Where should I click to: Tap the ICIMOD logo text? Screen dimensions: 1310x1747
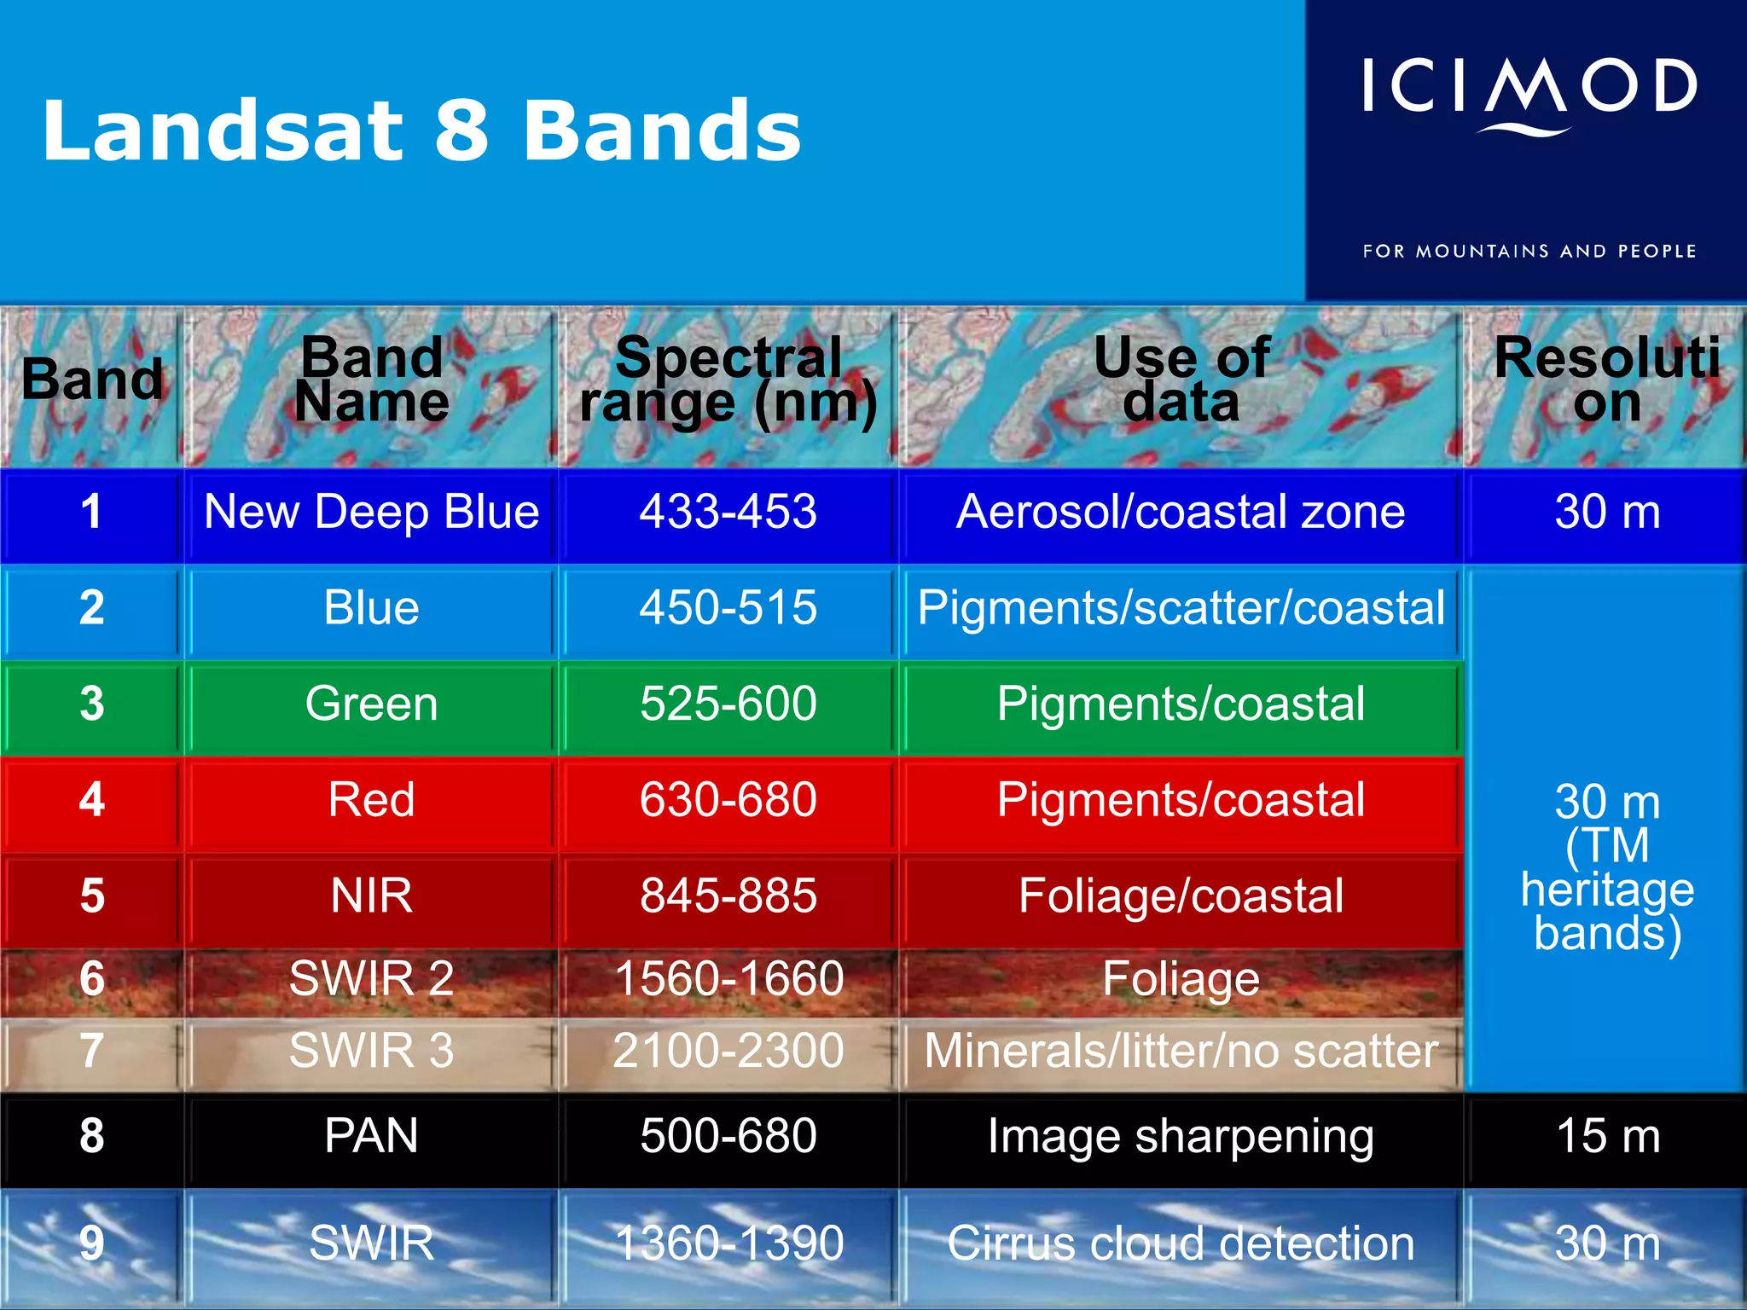[x=1529, y=87]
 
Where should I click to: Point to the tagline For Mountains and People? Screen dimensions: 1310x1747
[x=1529, y=252]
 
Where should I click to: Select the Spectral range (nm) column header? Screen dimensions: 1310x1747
[x=728, y=380]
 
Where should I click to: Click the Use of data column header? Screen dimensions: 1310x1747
[x=1181, y=380]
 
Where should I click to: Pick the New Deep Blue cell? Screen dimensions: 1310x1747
[x=372, y=513]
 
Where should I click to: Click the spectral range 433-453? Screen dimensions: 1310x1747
[x=728, y=513]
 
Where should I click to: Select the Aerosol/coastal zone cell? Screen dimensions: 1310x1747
[x=1181, y=513]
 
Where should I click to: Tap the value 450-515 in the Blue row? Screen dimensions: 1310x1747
[x=728, y=609]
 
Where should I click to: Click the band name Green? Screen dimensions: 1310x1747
[x=372, y=704]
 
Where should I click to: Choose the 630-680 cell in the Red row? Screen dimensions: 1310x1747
[x=728, y=801]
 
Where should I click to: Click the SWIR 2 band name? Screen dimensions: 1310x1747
[x=372, y=978]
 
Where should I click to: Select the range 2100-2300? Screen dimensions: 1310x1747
[x=728, y=1051]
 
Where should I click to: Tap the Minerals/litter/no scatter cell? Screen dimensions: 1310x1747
[x=1181, y=1051]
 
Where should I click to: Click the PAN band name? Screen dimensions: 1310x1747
[x=372, y=1137]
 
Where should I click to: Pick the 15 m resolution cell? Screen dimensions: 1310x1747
[x=1608, y=1137]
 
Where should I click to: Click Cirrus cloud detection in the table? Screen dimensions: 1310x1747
[x=1181, y=1244]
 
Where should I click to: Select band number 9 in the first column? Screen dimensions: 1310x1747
[x=92, y=1244]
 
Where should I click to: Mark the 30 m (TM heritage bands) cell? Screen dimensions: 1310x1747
[x=1608, y=867]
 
